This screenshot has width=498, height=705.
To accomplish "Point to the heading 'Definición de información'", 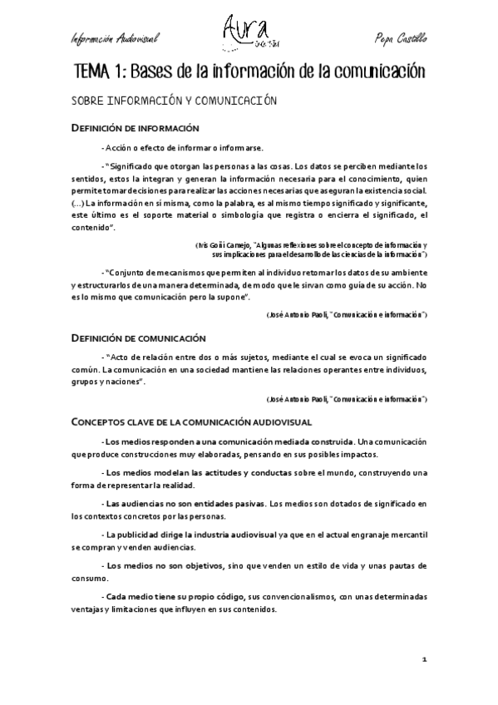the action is [x=136, y=128].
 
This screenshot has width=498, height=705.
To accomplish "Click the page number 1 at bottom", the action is [x=424, y=658].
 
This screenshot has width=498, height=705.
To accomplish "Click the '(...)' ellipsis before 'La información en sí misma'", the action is [x=77, y=202].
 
